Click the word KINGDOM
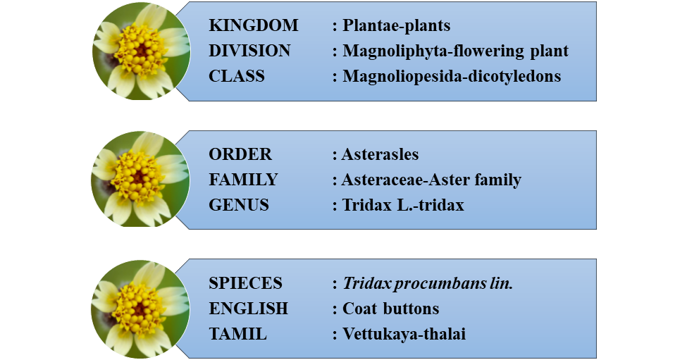click(x=253, y=25)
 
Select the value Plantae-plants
click(x=396, y=26)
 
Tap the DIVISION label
click(x=249, y=51)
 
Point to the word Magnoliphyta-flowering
click(x=433, y=51)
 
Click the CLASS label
click(x=237, y=76)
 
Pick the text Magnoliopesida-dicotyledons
click(x=452, y=77)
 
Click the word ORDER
click(x=240, y=154)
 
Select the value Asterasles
click(x=380, y=154)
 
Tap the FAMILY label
click(x=243, y=180)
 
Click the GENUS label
click(x=239, y=205)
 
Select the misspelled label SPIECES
click(x=245, y=283)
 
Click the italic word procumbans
click(x=439, y=284)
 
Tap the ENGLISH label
click(x=249, y=309)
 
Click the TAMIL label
click(x=237, y=334)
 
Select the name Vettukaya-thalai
click(x=404, y=334)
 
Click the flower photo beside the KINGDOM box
click(x=142, y=51)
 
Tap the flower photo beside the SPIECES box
click(x=141, y=309)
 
